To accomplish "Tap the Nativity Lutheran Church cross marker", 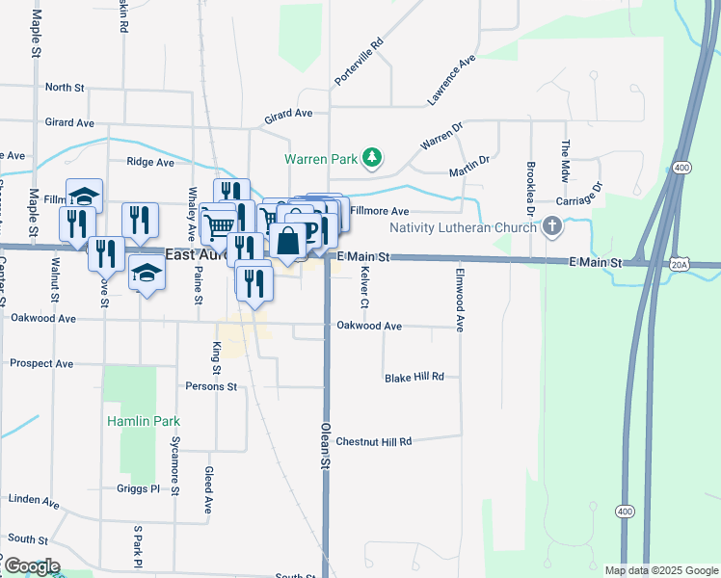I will point(552,228).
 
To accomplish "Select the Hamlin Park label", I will point(131,420).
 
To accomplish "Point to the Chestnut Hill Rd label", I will point(373,441).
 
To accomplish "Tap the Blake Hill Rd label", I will point(414,378).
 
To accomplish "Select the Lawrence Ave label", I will point(452,80).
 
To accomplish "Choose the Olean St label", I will point(326,444).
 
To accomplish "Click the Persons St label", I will point(211,386).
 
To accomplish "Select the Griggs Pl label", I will point(135,489).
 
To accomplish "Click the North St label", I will point(65,88).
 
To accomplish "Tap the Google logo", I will point(32,565).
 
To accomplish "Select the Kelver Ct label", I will point(364,288).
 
